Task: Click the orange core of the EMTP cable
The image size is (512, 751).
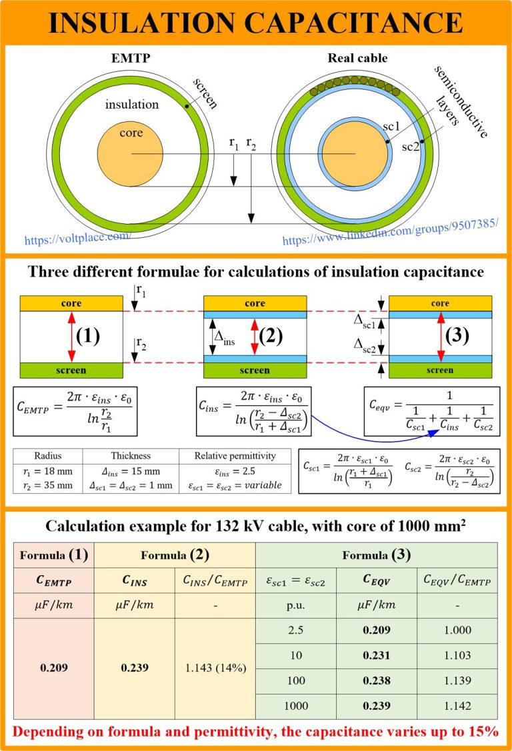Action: (130, 154)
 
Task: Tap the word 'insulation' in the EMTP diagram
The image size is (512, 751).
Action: (132, 105)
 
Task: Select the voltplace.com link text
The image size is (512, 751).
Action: (77, 237)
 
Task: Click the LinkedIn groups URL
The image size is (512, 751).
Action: (391, 232)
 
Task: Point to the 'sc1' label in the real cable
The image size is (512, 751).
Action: (391, 126)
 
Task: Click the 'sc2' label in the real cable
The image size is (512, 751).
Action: (411, 147)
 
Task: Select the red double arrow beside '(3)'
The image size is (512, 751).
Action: (441, 337)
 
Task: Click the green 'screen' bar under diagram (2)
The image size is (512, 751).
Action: (255, 371)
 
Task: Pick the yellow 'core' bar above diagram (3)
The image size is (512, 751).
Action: (440, 303)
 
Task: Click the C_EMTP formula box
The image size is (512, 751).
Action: (75, 411)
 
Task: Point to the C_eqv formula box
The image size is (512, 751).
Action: (432, 411)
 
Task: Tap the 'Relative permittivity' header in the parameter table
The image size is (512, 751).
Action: (235, 456)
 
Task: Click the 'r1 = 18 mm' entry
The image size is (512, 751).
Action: (48, 471)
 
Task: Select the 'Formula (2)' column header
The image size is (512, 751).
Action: (175, 555)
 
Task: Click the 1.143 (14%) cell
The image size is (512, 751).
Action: (215, 668)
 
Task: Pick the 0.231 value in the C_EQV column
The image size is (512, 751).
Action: (377, 655)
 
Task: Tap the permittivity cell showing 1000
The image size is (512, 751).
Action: (296, 706)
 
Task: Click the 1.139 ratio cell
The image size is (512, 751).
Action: (457, 680)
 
